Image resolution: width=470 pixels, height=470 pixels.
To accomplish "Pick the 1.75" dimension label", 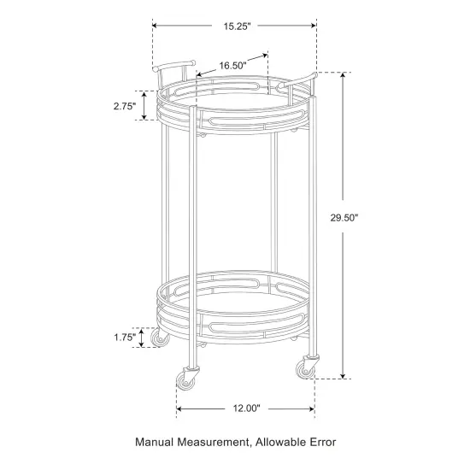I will coord(125,338).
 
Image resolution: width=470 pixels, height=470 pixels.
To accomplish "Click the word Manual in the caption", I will coord(159,443).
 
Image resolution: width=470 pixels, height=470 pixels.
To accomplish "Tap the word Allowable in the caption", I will coord(285,443).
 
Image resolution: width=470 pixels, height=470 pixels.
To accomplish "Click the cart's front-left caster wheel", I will coord(188,377).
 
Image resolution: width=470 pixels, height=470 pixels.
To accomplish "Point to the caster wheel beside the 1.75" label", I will coord(158,339).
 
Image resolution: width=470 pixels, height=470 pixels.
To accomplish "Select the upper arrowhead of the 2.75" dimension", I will coord(144,92).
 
